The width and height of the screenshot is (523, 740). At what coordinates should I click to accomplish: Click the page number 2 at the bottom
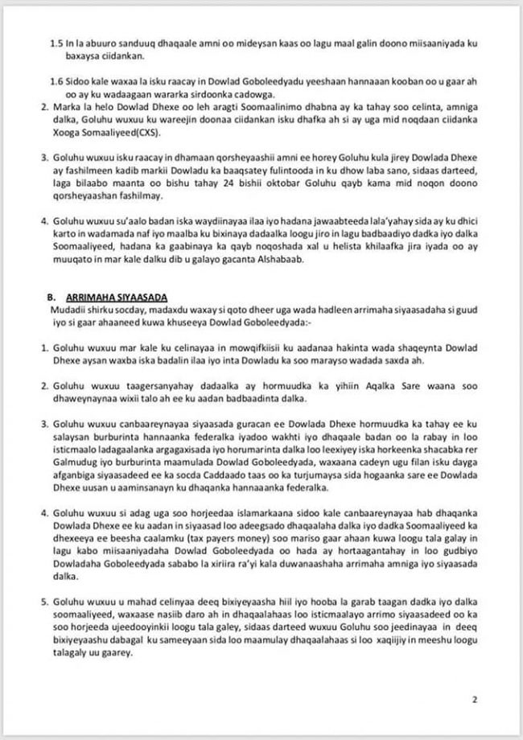[475, 700]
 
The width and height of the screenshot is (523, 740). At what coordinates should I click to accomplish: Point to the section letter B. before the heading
[50, 298]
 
